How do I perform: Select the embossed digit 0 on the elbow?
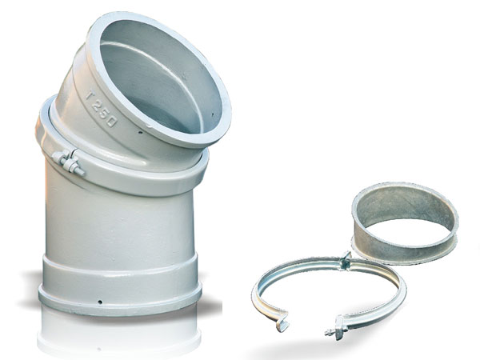point(110,122)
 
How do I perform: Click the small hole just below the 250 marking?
point(140,133)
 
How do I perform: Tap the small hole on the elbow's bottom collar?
point(100,302)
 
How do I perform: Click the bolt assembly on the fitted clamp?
point(69,162)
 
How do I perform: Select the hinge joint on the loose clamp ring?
point(346,261)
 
